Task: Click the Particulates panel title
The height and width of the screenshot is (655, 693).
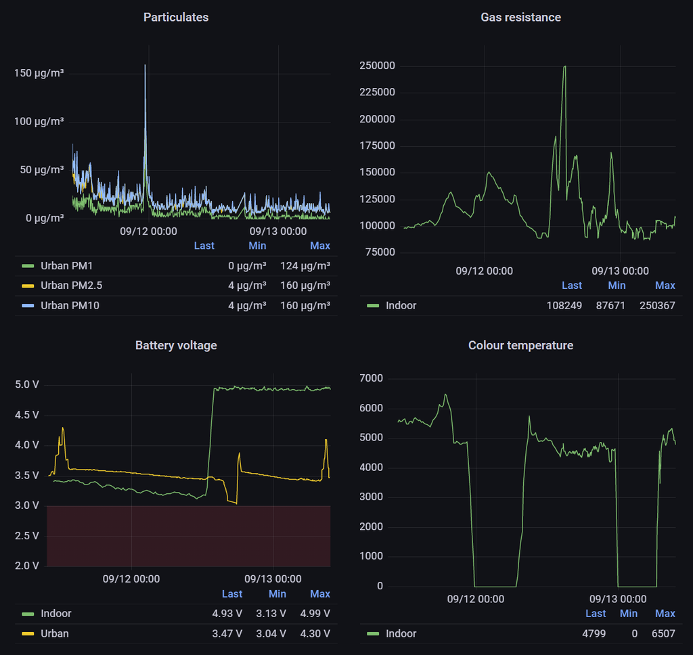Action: click(176, 17)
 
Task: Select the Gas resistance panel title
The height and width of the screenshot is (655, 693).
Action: click(520, 17)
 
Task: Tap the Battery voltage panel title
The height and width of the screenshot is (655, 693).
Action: click(176, 345)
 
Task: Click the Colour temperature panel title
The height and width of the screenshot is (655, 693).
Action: click(520, 345)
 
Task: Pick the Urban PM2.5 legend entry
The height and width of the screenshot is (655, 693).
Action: click(71, 286)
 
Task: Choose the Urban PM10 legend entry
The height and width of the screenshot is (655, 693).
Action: click(70, 305)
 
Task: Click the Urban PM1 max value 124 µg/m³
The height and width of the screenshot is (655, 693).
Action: click(305, 266)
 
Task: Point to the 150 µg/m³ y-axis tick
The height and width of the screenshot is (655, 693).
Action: click(39, 73)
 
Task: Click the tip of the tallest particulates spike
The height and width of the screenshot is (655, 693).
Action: click(145, 65)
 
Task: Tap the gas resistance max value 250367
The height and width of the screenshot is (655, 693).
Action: click(657, 305)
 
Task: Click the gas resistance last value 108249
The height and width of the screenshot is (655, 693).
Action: click(564, 305)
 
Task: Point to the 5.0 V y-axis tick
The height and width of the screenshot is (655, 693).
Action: click(26, 384)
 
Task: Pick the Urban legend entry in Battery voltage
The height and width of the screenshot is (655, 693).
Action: click(54, 633)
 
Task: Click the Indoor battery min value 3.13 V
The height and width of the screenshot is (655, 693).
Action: click(271, 614)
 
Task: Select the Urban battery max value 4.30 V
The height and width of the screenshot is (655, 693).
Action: click(315, 633)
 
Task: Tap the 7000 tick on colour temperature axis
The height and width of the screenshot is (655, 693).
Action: click(371, 378)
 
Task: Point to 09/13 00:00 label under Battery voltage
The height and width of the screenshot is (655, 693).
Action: click(273, 579)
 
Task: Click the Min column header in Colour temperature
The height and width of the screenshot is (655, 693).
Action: click(629, 613)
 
